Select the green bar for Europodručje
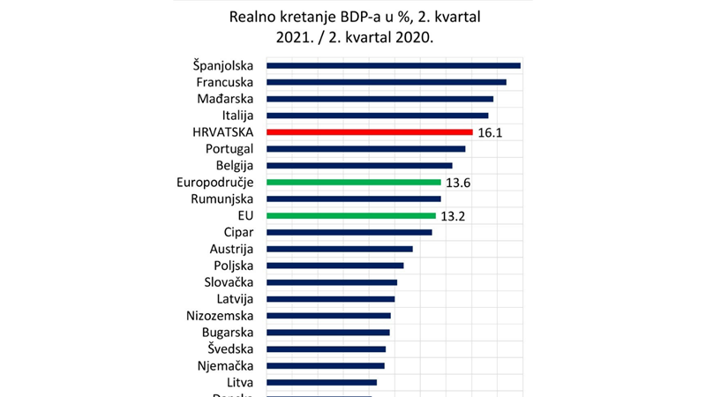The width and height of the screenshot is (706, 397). click(353, 182)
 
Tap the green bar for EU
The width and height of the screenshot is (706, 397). click(350, 215)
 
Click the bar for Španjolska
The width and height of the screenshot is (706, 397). click(393, 65)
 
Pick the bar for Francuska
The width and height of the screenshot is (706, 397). click(386, 82)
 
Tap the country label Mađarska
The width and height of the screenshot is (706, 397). click(225, 98)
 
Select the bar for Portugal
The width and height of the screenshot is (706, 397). click(365, 148)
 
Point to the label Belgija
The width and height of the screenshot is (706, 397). click(235, 165)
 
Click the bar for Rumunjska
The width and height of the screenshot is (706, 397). click(353, 198)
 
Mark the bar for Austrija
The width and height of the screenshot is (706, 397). click(339, 249)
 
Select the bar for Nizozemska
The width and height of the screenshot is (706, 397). click(328, 315)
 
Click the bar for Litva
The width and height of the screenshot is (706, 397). click(321, 382)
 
